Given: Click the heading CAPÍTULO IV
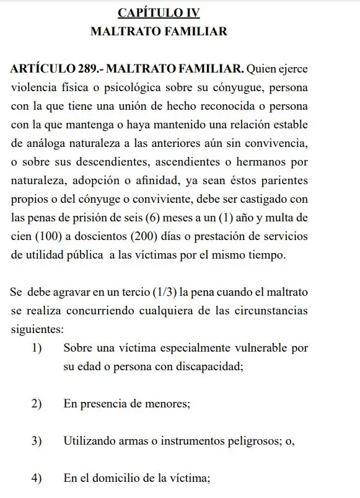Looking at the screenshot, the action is coord(159,12).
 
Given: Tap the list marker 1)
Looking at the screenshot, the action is coord(37,348).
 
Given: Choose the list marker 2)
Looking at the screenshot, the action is coord(37,404).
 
